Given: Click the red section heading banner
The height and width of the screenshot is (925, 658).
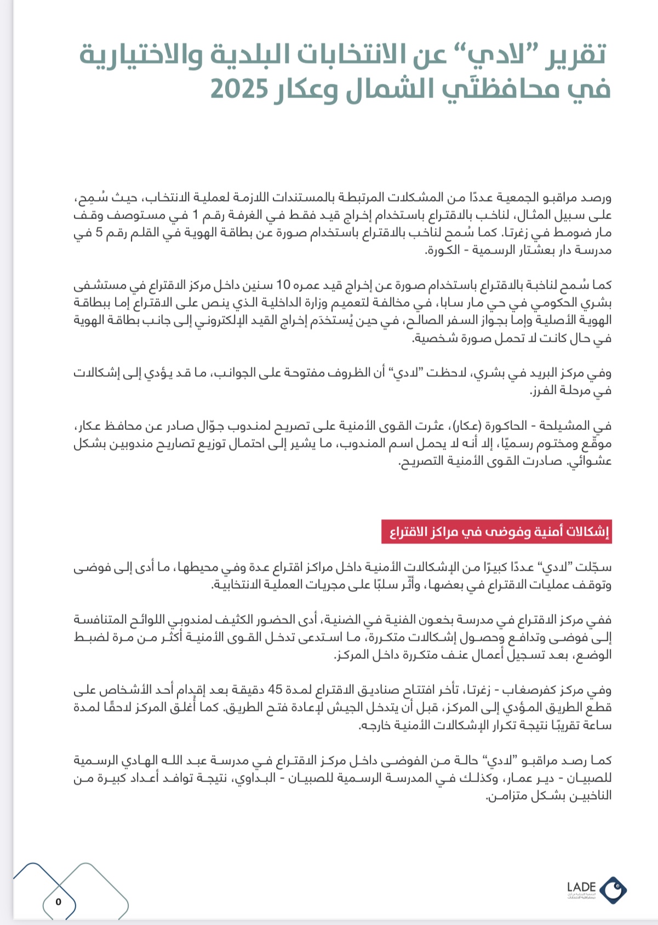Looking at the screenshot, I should (496, 532).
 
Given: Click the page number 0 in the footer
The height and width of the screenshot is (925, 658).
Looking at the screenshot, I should (59, 901).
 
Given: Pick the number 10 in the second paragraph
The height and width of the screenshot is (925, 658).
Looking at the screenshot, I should (284, 285).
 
